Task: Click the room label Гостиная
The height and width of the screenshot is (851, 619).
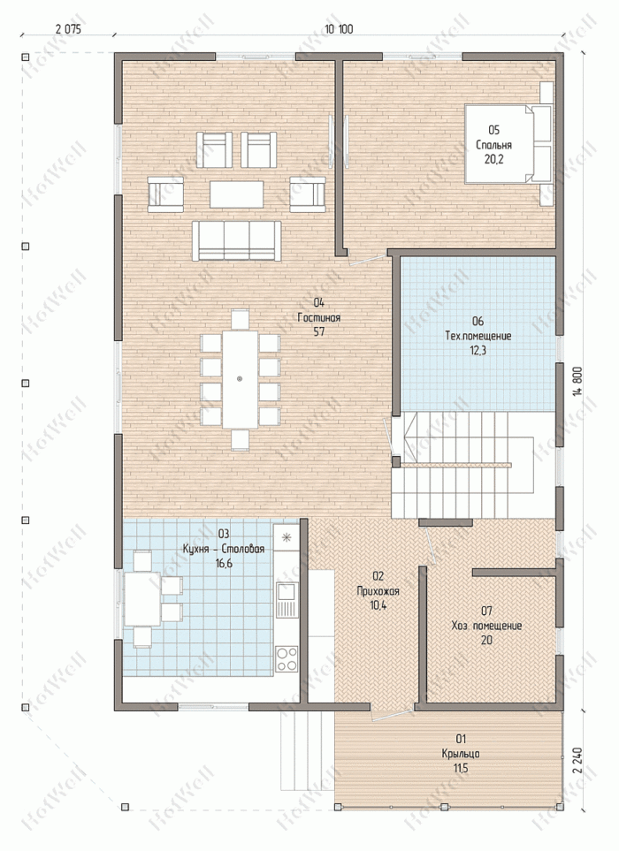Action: click(x=318, y=317)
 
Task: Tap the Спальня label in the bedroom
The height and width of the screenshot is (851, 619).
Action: click(x=493, y=145)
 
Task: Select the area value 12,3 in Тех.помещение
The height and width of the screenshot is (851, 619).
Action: click(x=478, y=350)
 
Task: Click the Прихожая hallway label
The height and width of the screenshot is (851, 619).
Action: click(x=378, y=591)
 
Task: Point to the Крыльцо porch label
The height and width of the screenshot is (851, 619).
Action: click(x=461, y=754)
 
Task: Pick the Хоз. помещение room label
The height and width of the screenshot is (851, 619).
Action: click(x=486, y=626)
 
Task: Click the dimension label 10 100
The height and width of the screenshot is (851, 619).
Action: click(x=339, y=29)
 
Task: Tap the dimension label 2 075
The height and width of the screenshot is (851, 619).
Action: click(x=68, y=29)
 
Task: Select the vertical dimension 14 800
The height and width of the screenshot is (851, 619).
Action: click(x=577, y=383)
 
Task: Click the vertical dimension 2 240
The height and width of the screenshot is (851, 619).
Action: click(x=577, y=761)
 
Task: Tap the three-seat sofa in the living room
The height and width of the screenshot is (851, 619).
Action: click(x=236, y=240)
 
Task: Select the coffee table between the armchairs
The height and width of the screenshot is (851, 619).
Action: click(x=236, y=194)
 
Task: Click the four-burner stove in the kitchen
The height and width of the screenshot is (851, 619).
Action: click(x=287, y=658)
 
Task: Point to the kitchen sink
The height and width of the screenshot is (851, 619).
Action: click(x=287, y=600)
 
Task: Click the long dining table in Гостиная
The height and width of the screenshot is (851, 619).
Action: click(x=240, y=379)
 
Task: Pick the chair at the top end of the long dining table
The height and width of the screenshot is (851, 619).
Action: click(x=240, y=319)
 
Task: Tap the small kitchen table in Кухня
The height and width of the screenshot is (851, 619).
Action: click(x=142, y=599)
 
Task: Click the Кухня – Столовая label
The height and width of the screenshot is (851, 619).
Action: click(x=224, y=549)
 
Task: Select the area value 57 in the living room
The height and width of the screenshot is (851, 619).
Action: click(x=318, y=331)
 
